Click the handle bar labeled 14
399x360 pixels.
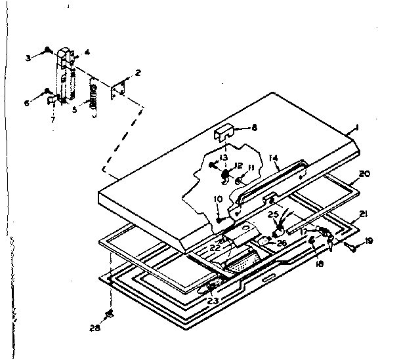(x=269, y=184)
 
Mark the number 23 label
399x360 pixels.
(x=213, y=302)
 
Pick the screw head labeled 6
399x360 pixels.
(x=49, y=90)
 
